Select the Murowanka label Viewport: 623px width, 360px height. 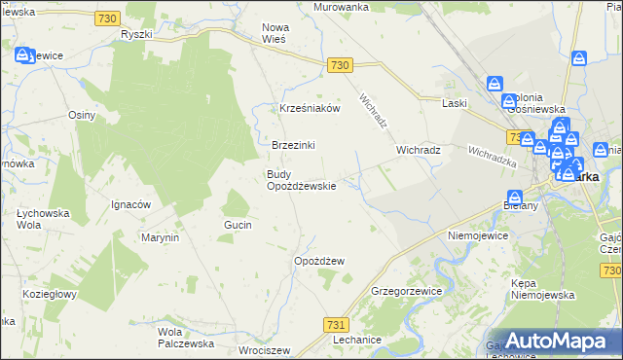click(341, 7)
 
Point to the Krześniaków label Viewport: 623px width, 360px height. click(310, 109)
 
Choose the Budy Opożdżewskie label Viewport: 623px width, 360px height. click(302, 180)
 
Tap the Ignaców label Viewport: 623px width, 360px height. click(130, 204)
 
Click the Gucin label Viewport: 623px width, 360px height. click(238, 225)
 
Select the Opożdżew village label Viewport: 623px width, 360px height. click(319, 261)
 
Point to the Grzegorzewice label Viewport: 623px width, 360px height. click(407, 291)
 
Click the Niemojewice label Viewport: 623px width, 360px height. click(479, 235)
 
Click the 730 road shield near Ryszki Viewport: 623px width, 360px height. click(108, 18)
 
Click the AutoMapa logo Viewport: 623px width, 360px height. click(559, 340)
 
